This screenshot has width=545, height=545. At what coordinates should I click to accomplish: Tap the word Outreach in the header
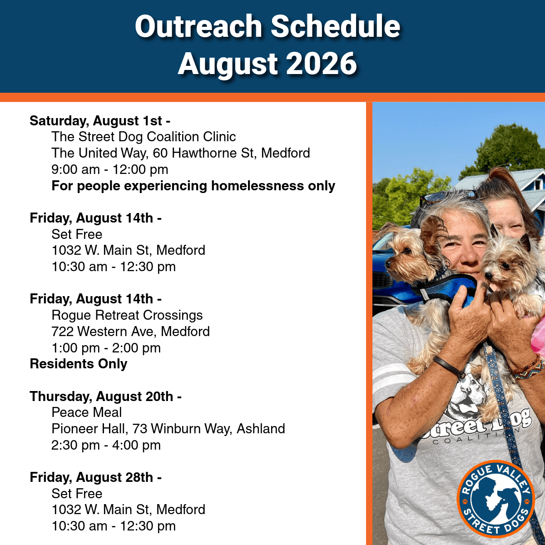click(x=198, y=26)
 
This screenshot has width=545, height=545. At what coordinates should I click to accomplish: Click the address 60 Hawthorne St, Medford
click(x=231, y=153)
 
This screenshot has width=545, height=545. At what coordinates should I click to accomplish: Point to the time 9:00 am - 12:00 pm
click(x=110, y=170)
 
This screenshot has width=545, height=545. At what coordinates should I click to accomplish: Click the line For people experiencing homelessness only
click(x=193, y=186)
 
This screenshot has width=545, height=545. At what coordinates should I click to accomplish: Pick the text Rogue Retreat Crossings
click(x=127, y=315)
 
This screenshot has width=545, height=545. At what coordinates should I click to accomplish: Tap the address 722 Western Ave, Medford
click(x=130, y=332)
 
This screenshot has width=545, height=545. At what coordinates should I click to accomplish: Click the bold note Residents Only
click(x=79, y=364)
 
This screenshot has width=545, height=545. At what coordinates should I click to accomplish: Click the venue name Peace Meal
click(x=87, y=412)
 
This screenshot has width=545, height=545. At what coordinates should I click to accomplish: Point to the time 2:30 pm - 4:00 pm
click(x=106, y=445)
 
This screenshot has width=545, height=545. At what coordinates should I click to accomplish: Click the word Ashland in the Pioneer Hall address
click(x=261, y=429)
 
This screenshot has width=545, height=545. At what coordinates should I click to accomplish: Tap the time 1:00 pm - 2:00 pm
click(x=106, y=348)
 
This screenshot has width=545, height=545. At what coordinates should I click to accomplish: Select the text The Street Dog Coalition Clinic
click(x=144, y=137)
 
